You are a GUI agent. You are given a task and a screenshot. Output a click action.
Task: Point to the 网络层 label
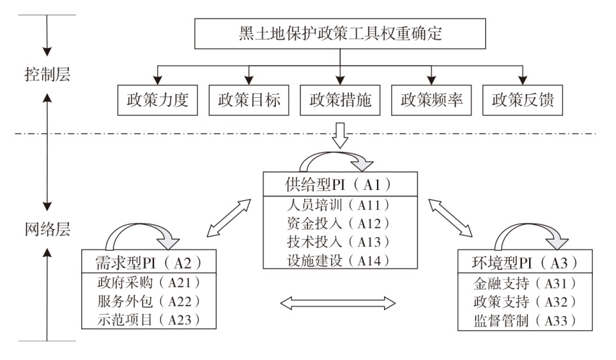[x=45, y=229]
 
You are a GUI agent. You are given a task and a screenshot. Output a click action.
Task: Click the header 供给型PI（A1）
[x=340, y=184]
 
